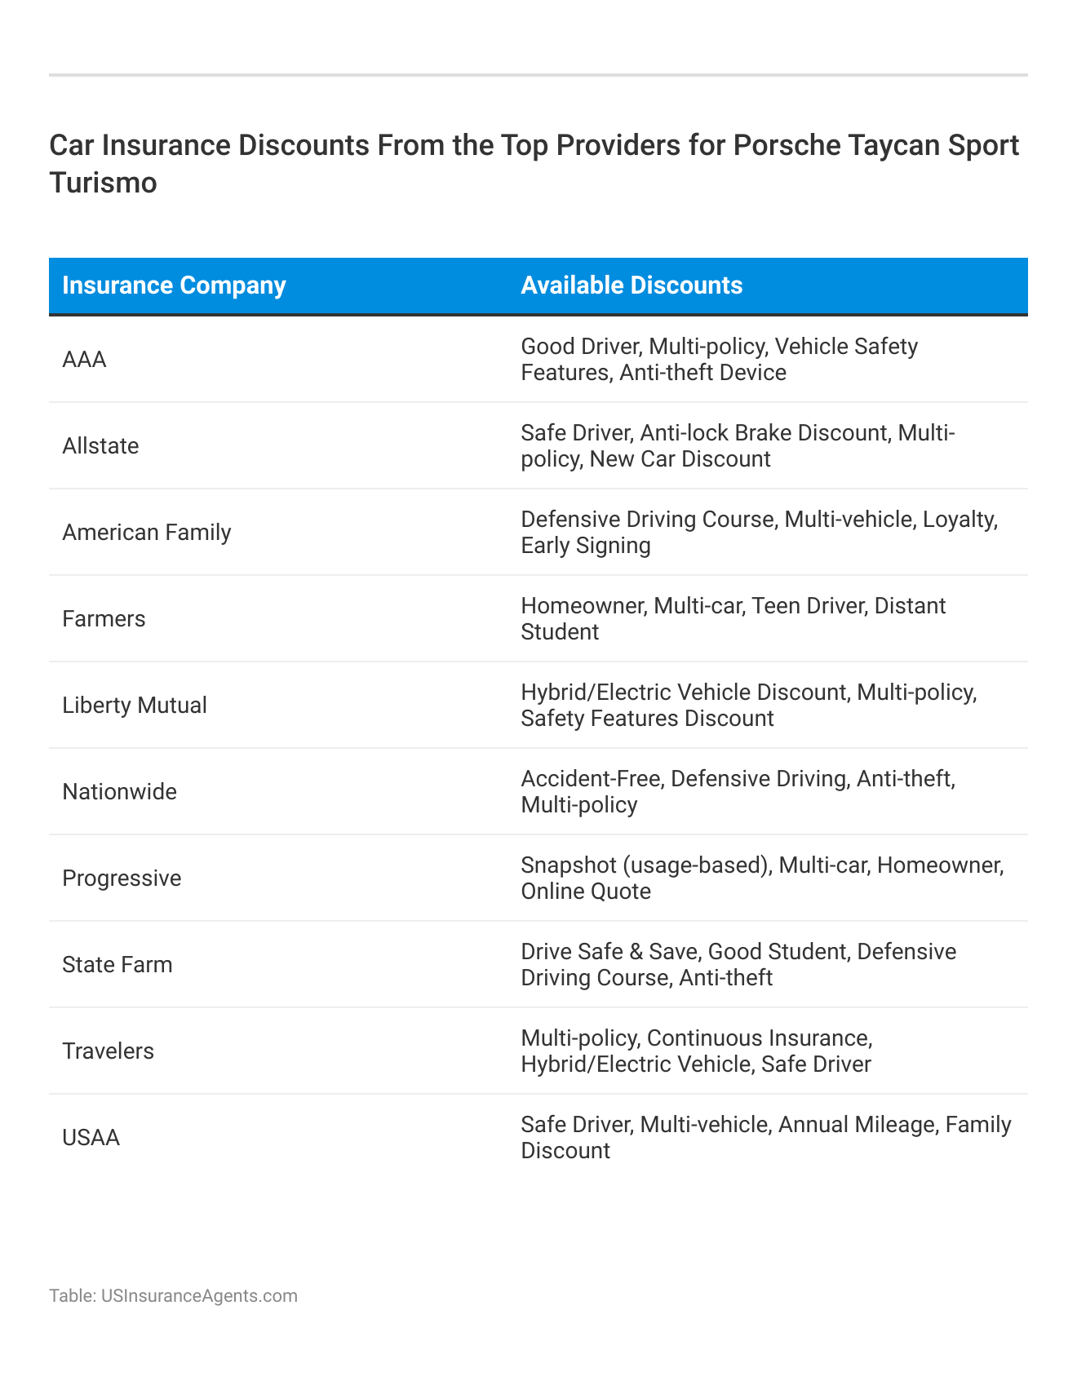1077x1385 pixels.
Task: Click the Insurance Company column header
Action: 174,285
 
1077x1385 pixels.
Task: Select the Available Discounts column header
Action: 632,285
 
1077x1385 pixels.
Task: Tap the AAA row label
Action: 84,360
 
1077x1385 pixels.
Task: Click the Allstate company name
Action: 100,446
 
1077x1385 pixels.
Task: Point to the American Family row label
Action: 147,533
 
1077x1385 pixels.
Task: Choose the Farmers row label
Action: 104,619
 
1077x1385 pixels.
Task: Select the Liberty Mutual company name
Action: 135,706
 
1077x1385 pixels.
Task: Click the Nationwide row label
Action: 119,792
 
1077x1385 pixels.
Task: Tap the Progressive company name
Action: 122,878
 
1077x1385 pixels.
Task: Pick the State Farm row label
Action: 117,965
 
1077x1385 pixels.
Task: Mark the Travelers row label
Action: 108,1051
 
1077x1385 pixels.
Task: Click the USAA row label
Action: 91,1138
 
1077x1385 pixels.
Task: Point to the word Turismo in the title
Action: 103,183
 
